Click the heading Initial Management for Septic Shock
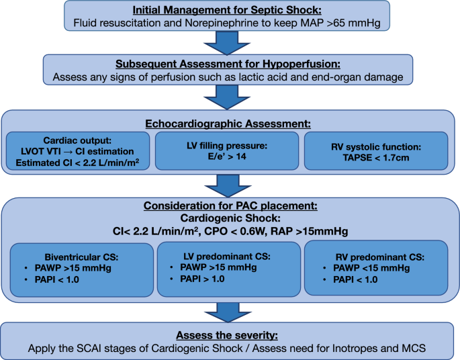click(x=227, y=10)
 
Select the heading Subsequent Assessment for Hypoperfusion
click(x=228, y=64)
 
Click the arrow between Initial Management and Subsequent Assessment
click(x=227, y=43)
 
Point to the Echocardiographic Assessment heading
click(x=228, y=124)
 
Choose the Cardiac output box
click(x=78, y=151)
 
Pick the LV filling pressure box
click(x=227, y=151)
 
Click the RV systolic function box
click(x=376, y=151)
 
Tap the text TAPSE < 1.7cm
click(x=376, y=158)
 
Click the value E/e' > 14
click(x=227, y=156)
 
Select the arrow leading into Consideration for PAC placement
click(x=228, y=186)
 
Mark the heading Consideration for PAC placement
click(x=230, y=206)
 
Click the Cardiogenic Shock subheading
click(x=230, y=218)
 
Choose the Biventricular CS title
click(x=81, y=257)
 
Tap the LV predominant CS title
click(x=227, y=257)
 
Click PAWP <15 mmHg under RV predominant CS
click(x=371, y=268)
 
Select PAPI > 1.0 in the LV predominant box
click(x=202, y=279)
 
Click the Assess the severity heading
click(x=227, y=335)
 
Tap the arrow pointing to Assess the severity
click(x=228, y=313)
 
